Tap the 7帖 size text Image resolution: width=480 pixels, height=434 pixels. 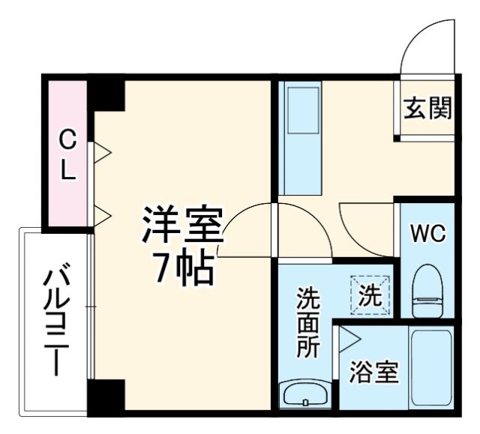[182, 268]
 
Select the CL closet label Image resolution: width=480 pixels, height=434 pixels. [67, 154]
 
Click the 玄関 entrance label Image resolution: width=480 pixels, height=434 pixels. [428, 109]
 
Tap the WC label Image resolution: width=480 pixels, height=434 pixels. [427, 233]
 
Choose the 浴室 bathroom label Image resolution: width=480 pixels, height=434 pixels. [373, 373]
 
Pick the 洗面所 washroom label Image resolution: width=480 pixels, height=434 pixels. [307, 325]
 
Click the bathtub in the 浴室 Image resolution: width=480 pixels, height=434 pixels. [430, 367]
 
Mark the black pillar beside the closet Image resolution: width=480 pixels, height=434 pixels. [107, 94]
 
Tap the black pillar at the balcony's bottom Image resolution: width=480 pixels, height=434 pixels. [105, 396]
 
